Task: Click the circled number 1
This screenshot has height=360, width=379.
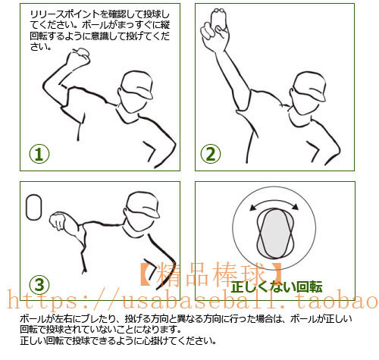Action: [x=39, y=154]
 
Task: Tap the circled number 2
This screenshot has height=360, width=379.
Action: [x=211, y=154]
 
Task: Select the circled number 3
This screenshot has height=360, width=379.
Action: [x=39, y=285]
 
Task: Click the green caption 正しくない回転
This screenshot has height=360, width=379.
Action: [x=277, y=286]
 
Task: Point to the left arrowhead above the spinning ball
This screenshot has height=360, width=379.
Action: [x=253, y=208]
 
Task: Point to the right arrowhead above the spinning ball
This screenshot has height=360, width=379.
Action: [x=295, y=207]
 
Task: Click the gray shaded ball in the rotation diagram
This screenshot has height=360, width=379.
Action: [x=275, y=233]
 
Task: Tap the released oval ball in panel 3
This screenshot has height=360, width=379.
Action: [x=33, y=207]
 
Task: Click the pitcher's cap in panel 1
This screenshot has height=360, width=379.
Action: [x=137, y=85]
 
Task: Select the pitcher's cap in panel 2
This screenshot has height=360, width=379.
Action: [x=310, y=86]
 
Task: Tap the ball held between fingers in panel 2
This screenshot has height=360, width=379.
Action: [x=218, y=17]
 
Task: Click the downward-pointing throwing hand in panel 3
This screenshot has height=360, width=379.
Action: [x=58, y=221]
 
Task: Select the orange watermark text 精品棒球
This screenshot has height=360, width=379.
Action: [x=211, y=274]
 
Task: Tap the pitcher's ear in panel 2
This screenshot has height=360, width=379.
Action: [x=292, y=92]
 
